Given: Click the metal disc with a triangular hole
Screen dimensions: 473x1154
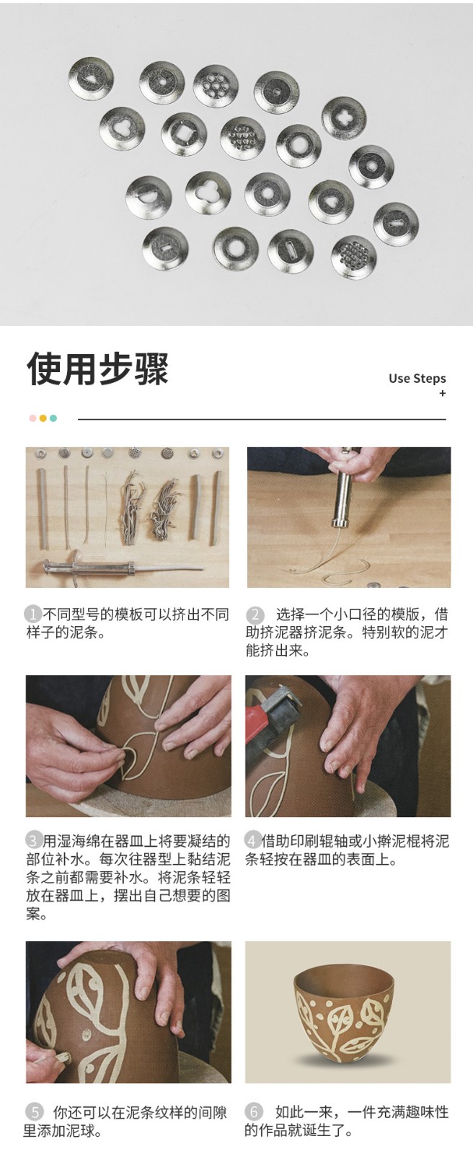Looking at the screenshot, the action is [91, 79].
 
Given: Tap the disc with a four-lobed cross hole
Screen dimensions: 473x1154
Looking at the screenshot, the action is [344, 118].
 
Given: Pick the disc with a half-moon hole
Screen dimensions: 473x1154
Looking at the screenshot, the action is [149, 198].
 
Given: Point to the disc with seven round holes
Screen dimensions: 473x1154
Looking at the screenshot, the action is [216, 86].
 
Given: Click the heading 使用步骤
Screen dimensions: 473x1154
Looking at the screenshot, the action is [97, 369].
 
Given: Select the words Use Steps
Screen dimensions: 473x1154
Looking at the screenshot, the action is [417, 379].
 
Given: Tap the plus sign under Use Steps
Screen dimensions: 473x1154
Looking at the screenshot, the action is [442, 394].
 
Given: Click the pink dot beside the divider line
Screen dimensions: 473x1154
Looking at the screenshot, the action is [33, 418].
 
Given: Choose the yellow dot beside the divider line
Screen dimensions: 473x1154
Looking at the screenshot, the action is [43, 418].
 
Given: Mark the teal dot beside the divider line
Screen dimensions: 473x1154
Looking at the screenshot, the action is [53, 418].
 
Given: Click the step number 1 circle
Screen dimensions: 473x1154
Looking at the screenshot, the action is [33, 614].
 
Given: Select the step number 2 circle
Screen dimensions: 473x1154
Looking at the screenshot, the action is [255, 614].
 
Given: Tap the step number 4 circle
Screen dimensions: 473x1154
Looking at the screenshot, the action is [252, 841].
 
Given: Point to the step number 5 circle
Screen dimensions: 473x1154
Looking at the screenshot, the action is [35, 1111].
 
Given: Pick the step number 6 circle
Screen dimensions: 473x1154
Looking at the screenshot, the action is [254, 1111].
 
